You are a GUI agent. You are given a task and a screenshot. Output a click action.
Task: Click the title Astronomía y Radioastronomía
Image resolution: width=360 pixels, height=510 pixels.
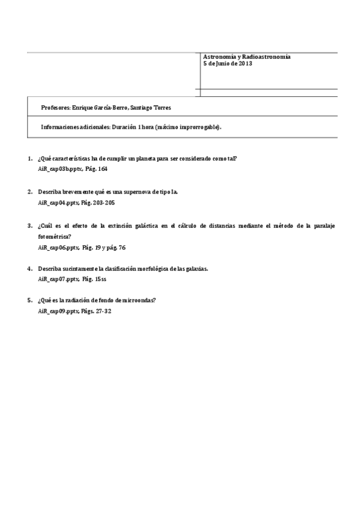point(246,57)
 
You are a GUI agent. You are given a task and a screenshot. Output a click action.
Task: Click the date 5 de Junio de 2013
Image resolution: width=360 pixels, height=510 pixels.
point(227,63)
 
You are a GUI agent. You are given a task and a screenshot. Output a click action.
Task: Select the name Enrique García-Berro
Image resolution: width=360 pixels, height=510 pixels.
point(99,107)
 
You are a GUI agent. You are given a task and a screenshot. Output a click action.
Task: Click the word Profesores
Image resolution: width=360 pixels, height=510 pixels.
point(55,107)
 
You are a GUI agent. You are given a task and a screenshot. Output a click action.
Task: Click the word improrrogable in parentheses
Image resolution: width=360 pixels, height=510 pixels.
point(201,127)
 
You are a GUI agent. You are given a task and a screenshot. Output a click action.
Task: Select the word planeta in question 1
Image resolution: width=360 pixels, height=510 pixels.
point(158,159)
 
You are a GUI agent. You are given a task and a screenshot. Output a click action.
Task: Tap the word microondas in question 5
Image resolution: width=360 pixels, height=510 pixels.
point(140,300)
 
